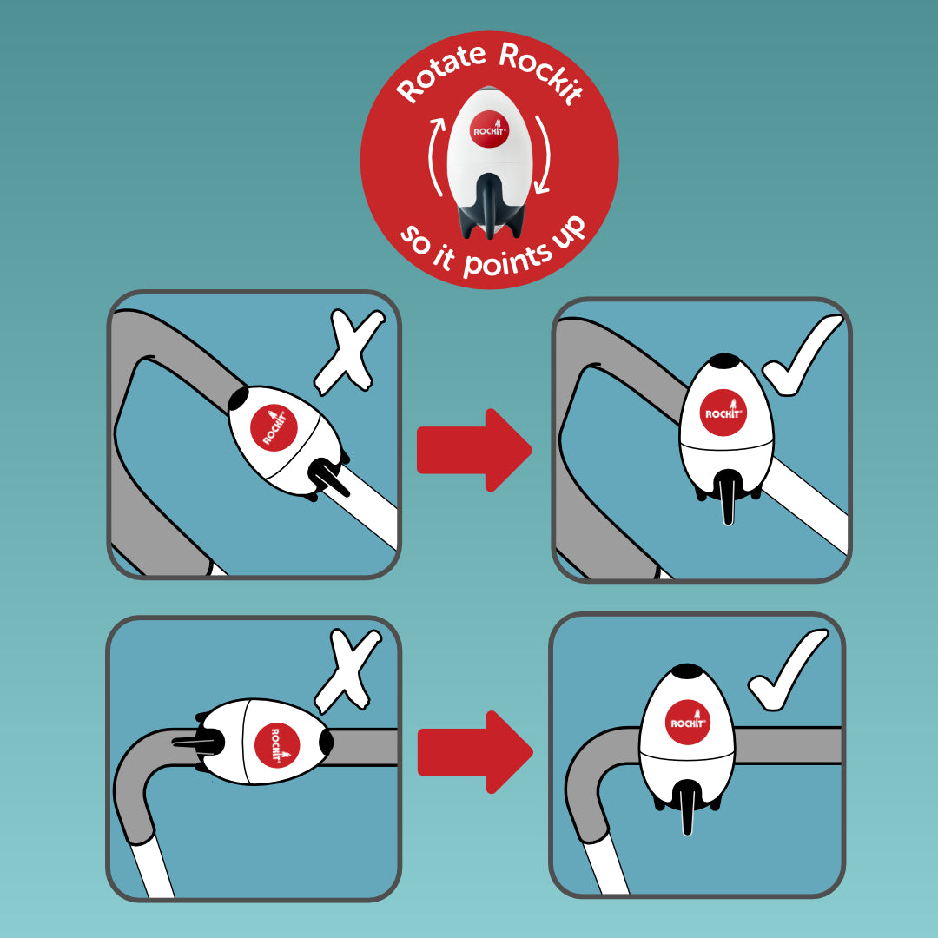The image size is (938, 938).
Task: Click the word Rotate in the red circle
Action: [441, 73]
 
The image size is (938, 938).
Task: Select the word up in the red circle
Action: [568, 232]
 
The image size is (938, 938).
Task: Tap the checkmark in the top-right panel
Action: [802, 356]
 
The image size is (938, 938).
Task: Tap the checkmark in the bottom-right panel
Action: [788, 670]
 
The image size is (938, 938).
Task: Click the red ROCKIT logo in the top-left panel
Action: [274, 426]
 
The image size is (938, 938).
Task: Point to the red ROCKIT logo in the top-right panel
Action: [723, 413]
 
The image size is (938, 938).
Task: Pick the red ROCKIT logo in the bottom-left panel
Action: [277, 745]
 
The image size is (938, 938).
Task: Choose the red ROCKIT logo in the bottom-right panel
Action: [687, 722]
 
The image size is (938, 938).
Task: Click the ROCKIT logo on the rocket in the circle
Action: [490, 129]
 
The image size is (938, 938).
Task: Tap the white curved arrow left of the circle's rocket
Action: [436, 156]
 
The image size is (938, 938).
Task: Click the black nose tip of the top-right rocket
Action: [724, 361]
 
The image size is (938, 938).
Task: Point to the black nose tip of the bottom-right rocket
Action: [688, 671]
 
